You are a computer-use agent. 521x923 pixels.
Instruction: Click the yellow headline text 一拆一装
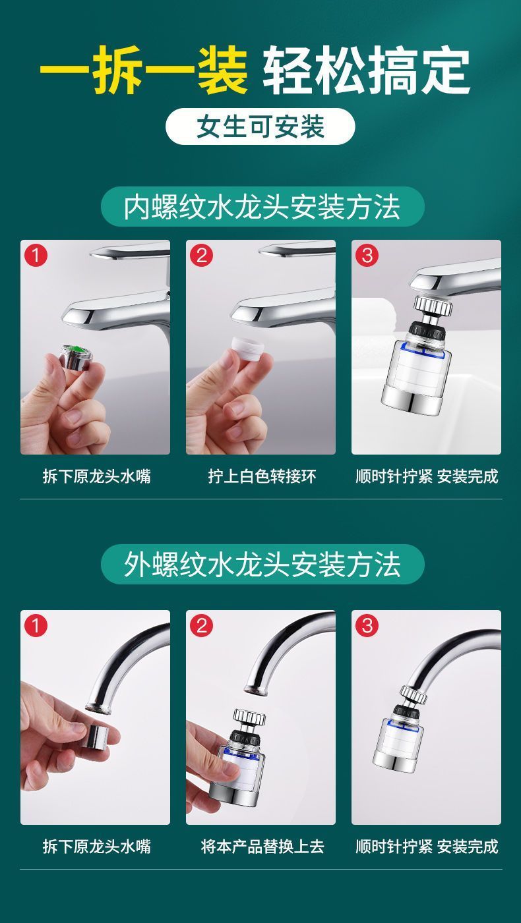pos(144,70)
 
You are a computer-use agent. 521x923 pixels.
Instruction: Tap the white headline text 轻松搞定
pos(367,70)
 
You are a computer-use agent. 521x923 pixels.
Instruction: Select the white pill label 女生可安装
pos(260,126)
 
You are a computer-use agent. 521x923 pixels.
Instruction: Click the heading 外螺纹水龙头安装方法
pos(262,564)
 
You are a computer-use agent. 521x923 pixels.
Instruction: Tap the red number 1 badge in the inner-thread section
pos(36,256)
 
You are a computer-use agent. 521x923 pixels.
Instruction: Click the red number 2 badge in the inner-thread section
pos(201,256)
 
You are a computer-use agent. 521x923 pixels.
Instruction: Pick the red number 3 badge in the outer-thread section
pos(367,626)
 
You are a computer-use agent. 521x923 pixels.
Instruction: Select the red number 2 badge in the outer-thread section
pos(201,626)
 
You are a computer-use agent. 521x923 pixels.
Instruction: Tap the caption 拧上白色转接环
pos(262,476)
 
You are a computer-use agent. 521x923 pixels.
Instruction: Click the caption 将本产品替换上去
pos(262,847)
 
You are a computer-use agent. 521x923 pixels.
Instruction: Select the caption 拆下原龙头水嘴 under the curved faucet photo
pos(96,847)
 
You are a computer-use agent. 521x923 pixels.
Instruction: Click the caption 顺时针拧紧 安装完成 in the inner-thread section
pos(427,476)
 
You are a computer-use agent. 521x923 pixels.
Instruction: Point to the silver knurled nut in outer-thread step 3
pos(414,695)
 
